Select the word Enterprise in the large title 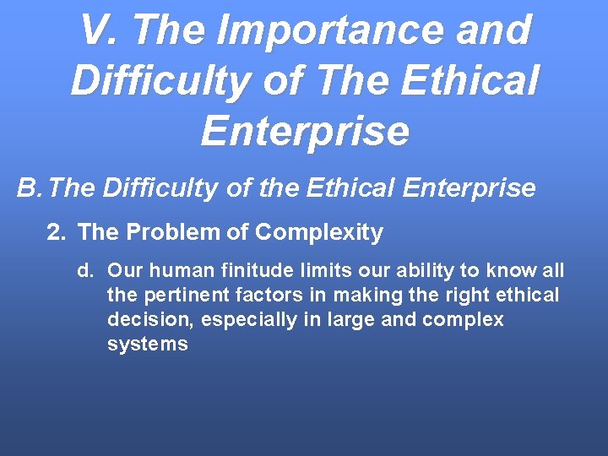click(x=305, y=131)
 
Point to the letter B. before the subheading click(x=30, y=187)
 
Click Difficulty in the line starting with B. click(x=160, y=187)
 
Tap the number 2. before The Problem click(x=56, y=232)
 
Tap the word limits click(x=317, y=271)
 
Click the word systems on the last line click(x=148, y=345)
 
